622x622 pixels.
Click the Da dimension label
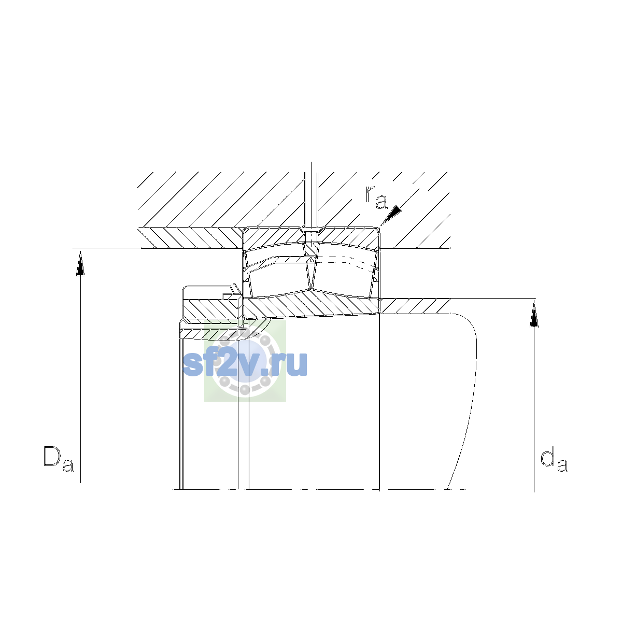[x=59, y=459]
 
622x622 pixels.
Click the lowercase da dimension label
[x=554, y=459]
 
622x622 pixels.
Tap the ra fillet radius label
[x=376, y=197]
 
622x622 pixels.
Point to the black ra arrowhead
[x=392, y=214]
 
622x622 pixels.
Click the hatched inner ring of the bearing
[x=312, y=304]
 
